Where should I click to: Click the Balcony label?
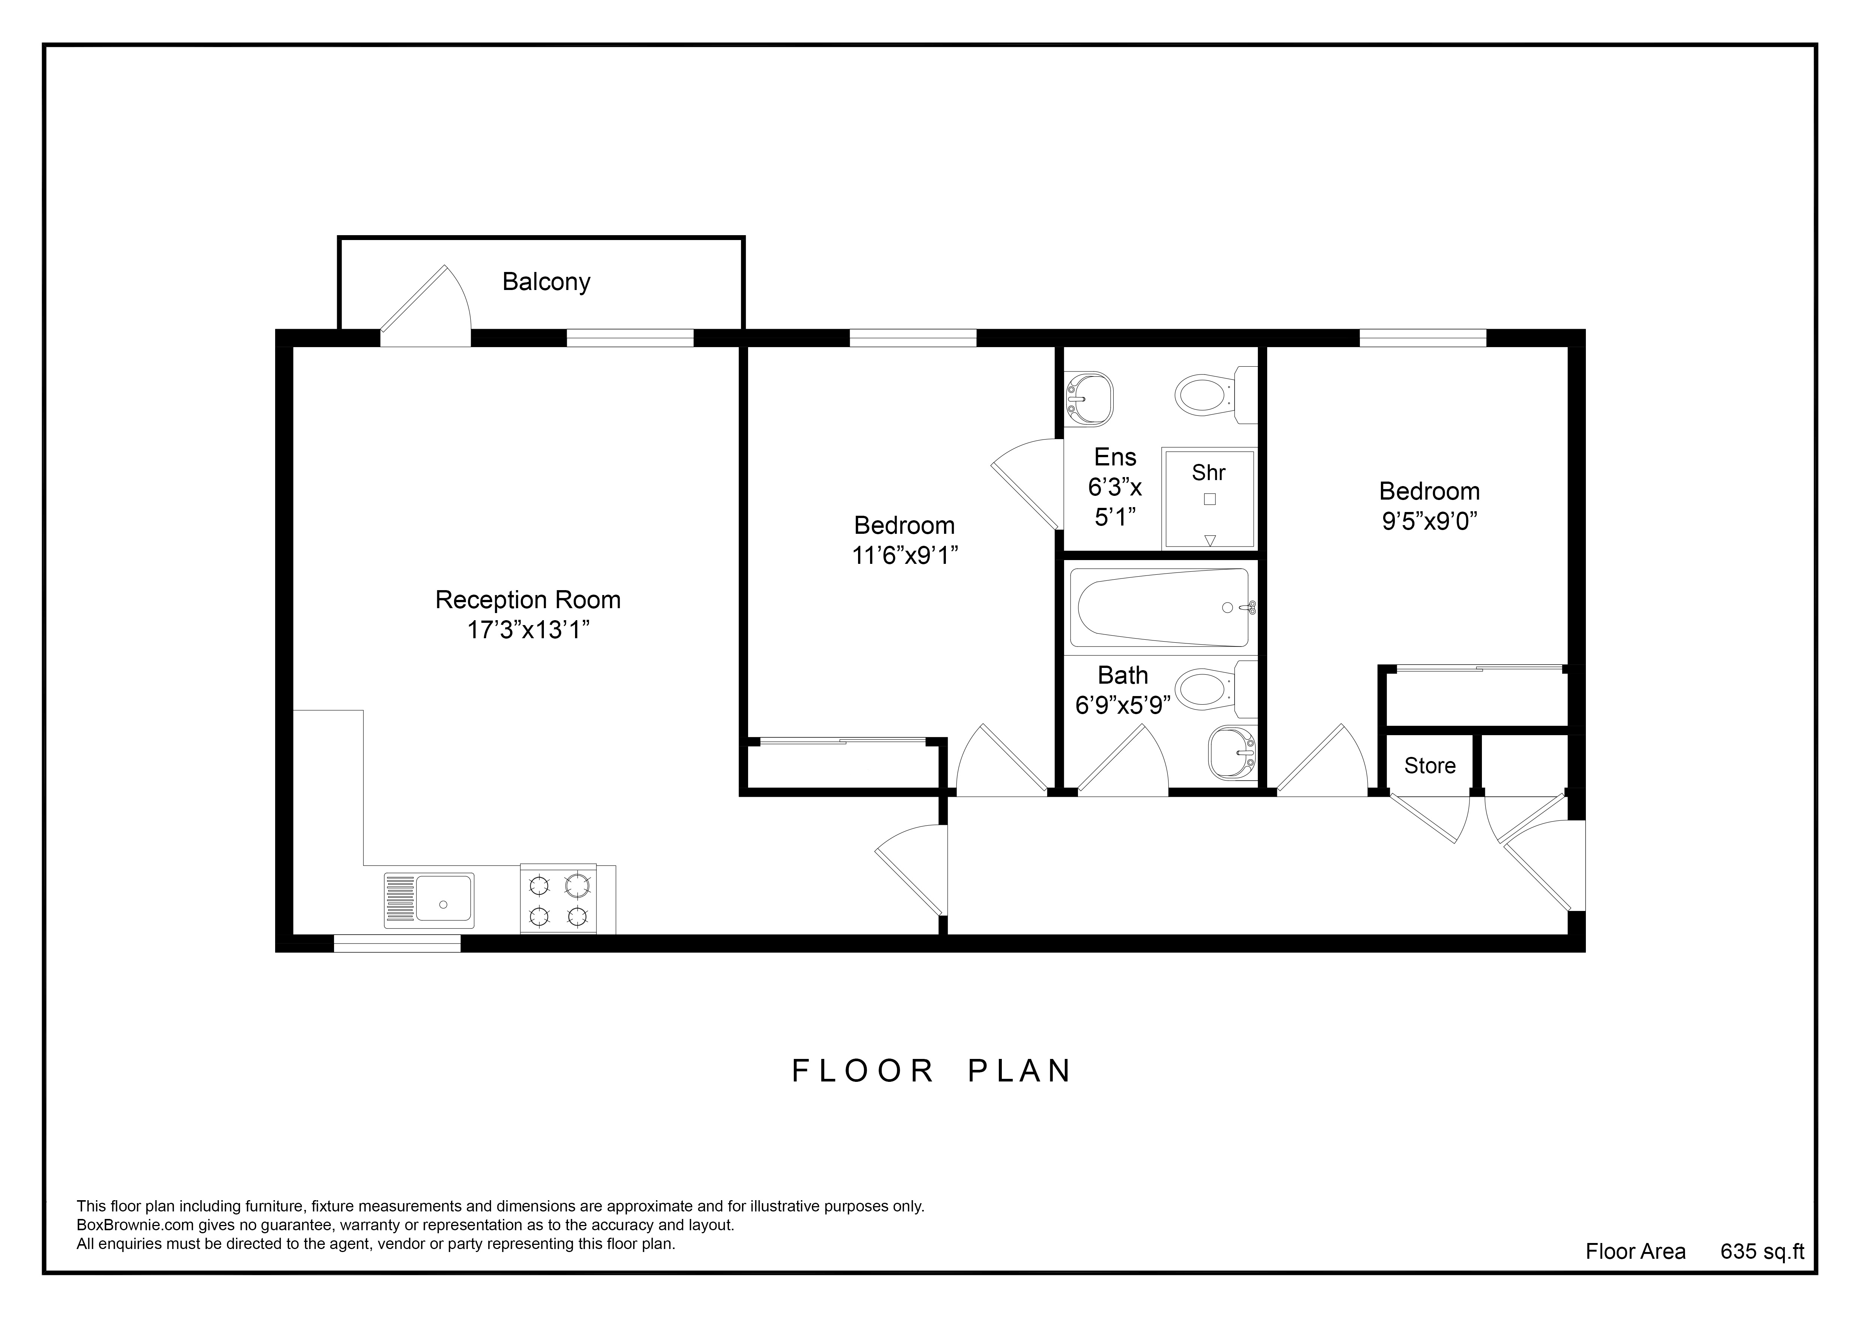(x=546, y=281)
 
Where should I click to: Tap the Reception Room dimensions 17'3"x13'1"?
(x=528, y=630)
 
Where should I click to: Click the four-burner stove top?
(x=559, y=899)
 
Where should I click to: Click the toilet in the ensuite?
(x=1216, y=395)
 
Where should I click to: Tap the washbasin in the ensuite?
(x=1089, y=398)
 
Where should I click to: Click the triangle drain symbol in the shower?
(x=1210, y=540)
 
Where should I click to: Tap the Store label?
(x=1430, y=766)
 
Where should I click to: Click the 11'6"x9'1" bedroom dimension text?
(x=905, y=556)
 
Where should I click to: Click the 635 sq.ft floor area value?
(x=1762, y=1251)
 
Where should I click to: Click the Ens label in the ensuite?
(x=1115, y=458)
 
